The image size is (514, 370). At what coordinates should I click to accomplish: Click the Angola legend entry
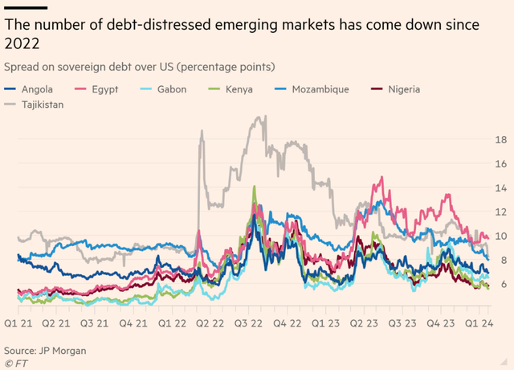pyautogui.click(x=40, y=89)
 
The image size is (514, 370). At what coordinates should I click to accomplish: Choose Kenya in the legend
pyautogui.click(x=239, y=89)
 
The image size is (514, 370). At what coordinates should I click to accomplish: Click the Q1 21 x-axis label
pyautogui.click(x=18, y=323)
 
